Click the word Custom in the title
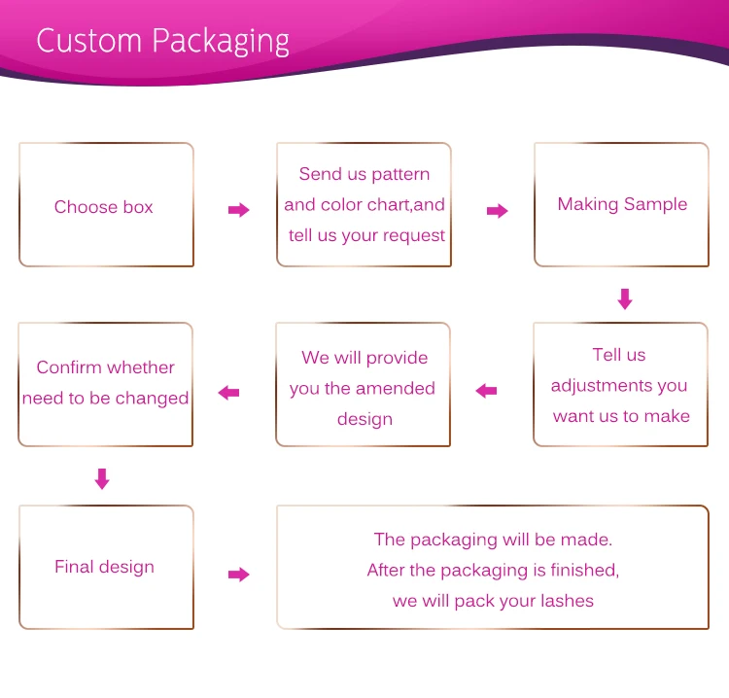tap(89, 41)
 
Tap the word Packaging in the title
tap(221, 43)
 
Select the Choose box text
tap(104, 207)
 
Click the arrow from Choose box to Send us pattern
tap(238, 210)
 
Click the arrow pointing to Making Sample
tap(497, 211)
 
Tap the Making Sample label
tap(622, 204)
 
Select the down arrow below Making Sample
tap(625, 298)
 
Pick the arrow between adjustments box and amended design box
tap(486, 391)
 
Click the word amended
tap(396, 389)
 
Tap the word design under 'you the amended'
tap(364, 419)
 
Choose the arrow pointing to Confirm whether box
tap(229, 393)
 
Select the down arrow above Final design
tap(102, 478)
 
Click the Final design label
tap(104, 567)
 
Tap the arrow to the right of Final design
tap(238, 575)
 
